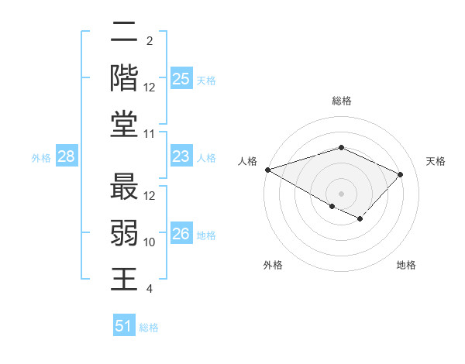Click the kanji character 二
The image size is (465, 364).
coord(124,35)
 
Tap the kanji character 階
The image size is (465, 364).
coord(124,77)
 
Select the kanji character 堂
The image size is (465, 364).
coord(124,124)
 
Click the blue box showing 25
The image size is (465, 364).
coord(181,79)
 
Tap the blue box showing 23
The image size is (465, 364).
coord(181,157)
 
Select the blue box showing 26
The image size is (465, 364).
coord(181,235)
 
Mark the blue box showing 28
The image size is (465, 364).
coord(66,157)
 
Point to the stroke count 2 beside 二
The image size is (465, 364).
coord(150,41)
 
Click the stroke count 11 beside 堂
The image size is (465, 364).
coord(150,134)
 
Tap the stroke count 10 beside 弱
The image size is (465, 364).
coord(150,242)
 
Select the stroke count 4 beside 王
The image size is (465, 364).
coord(150,289)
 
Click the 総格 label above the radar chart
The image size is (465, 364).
coord(342,101)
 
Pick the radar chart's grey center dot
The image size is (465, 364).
coord(341,193)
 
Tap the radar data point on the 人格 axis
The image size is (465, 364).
coord(267,170)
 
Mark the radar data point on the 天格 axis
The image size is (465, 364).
coord(401,174)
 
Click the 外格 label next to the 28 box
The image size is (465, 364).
coord(41,158)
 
